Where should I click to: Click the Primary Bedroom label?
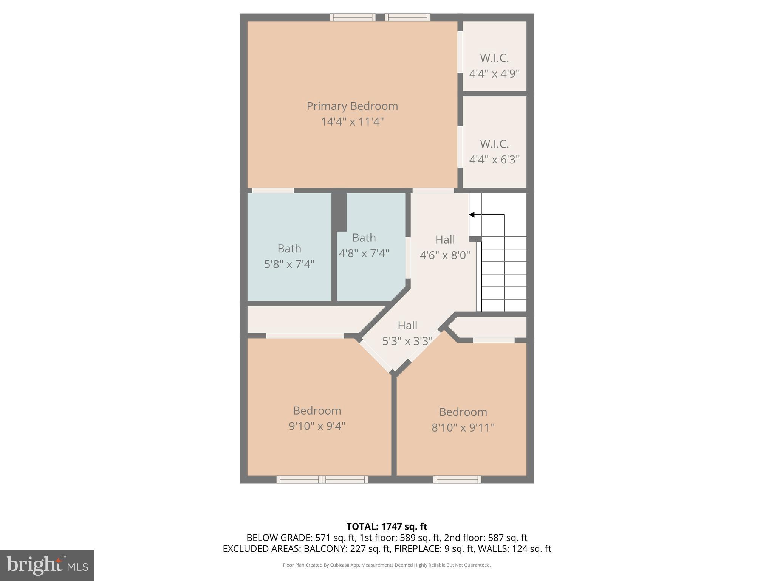point(352,106)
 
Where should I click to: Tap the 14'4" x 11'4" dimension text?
point(352,122)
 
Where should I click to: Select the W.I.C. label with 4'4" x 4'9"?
point(494,58)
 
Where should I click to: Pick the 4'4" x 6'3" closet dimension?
point(494,160)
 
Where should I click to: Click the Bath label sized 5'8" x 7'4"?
point(289,249)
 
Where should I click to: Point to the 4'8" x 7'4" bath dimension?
point(364,253)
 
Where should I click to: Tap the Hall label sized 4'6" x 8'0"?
point(445,239)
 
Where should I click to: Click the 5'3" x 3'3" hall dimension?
point(407,341)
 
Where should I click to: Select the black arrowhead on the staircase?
point(472,215)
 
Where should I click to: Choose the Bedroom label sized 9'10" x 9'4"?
point(317,410)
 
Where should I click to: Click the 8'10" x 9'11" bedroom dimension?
point(463,427)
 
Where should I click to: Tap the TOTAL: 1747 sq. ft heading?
point(387,527)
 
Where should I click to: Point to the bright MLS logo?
point(47,565)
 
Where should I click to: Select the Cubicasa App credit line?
point(387,565)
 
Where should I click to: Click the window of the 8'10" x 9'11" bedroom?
point(457,480)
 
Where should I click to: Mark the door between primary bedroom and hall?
point(433,190)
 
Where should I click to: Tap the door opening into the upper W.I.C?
point(460,52)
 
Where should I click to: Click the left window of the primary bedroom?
point(353,17)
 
